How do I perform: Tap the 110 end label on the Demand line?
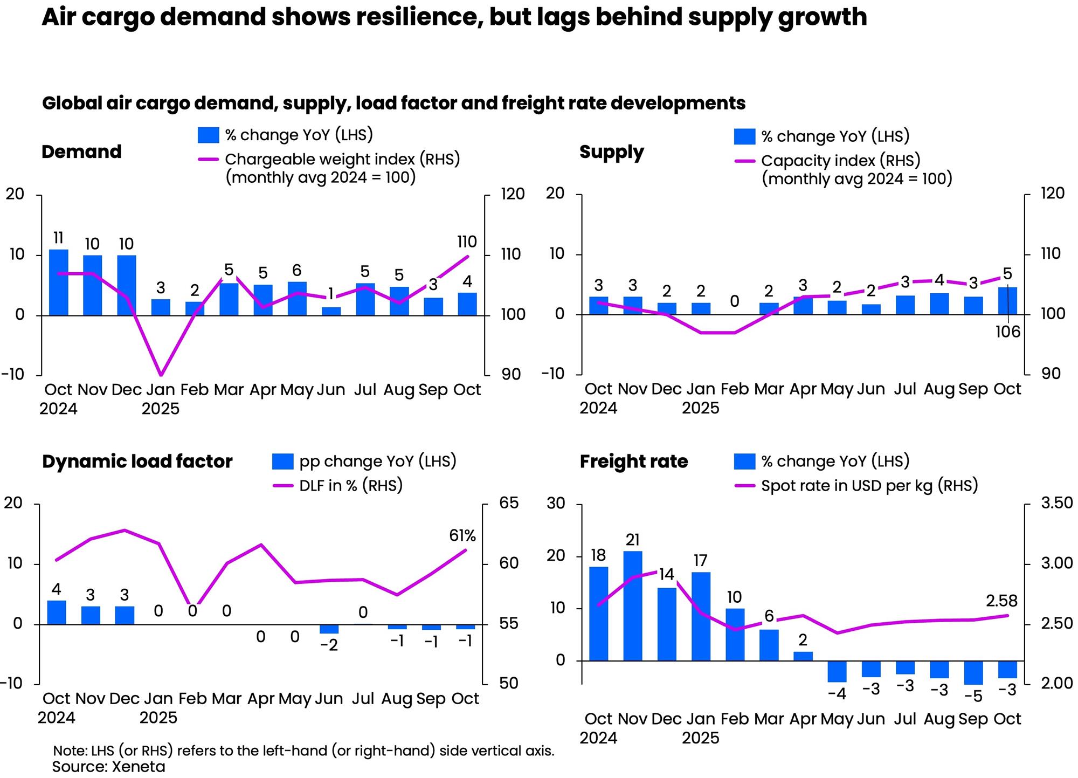tap(467, 242)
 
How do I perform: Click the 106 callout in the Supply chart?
tap(1007, 332)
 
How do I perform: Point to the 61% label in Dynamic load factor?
tap(462, 536)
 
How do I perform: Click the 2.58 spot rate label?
tap(1001, 601)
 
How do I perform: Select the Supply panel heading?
tap(611, 152)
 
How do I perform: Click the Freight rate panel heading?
tap(634, 462)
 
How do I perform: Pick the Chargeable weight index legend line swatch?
tap(208, 160)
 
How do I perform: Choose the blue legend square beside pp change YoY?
tap(283, 462)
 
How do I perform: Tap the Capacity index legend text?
tap(840, 161)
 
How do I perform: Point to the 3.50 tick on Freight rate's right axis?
tap(1057, 503)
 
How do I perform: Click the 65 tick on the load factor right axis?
tap(509, 503)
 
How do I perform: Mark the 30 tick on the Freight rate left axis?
tap(556, 503)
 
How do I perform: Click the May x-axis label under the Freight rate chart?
tap(837, 719)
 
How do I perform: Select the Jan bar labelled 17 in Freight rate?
tap(701, 616)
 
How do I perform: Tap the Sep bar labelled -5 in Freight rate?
tap(973, 672)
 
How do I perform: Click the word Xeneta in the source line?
tap(138, 767)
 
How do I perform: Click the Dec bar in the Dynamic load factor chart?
tap(125, 615)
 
